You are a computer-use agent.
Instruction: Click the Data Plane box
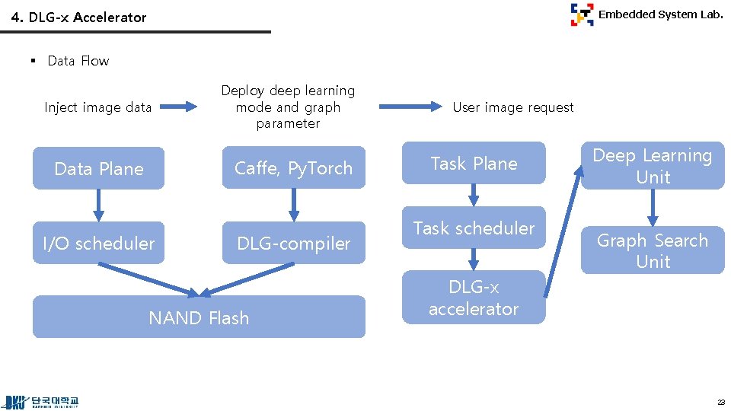coord(98,168)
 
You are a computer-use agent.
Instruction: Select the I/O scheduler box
coord(98,243)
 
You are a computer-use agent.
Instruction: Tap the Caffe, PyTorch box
coord(293,168)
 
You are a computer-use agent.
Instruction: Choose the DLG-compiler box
coord(293,243)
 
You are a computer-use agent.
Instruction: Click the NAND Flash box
coord(199,317)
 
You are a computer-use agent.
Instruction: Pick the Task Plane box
coord(474,163)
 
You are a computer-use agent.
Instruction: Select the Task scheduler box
coord(474,228)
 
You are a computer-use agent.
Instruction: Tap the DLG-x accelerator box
coord(474,298)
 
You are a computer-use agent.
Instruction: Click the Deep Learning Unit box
coord(653,166)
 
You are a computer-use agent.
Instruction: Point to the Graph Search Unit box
coord(653,250)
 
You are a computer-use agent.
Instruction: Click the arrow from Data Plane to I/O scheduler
coord(98,205)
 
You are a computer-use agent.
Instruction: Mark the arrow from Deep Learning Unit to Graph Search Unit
coord(653,207)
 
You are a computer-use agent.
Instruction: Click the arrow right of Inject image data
coord(180,107)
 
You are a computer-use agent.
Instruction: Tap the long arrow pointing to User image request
coord(410,107)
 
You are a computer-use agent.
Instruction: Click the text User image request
coord(512,107)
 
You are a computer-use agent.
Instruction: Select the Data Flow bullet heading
coord(78,61)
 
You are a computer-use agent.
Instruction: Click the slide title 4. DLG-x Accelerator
coord(79,17)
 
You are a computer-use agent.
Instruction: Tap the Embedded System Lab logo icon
coord(582,14)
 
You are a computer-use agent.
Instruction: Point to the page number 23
coord(720,402)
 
